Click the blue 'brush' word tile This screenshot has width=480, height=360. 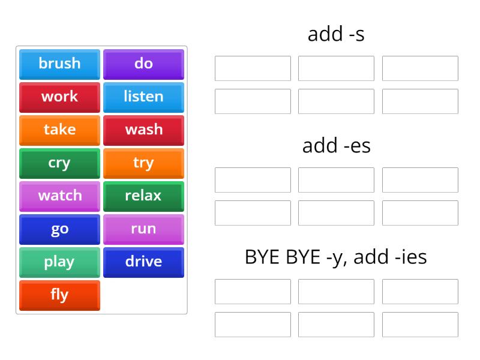point(59,64)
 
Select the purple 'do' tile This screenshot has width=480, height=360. point(143,64)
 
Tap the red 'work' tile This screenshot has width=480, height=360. point(59,97)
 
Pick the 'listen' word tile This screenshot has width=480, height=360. point(143,97)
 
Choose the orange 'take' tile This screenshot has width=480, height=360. point(59,130)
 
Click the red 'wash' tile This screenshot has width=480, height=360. point(143,130)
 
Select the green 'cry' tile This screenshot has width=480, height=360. point(59,163)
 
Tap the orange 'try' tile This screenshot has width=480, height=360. point(143,163)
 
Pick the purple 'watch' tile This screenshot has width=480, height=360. point(59,196)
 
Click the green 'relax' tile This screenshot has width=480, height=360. point(143,196)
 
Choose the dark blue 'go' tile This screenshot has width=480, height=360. point(59,229)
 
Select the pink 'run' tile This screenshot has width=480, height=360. point(143,229)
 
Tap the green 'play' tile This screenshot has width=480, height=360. point(59,262)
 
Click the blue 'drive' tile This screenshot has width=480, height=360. point(143,262)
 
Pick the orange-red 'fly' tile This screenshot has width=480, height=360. point(59,295)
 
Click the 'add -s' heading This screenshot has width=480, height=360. point(336,34)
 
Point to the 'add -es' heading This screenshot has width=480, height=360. point(336,145)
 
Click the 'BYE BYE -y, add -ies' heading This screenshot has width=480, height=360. point(336,257)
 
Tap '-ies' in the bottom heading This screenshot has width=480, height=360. point(412,257)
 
